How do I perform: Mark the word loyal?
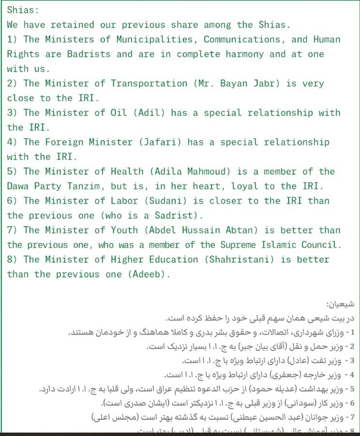(x=251, y=186)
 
